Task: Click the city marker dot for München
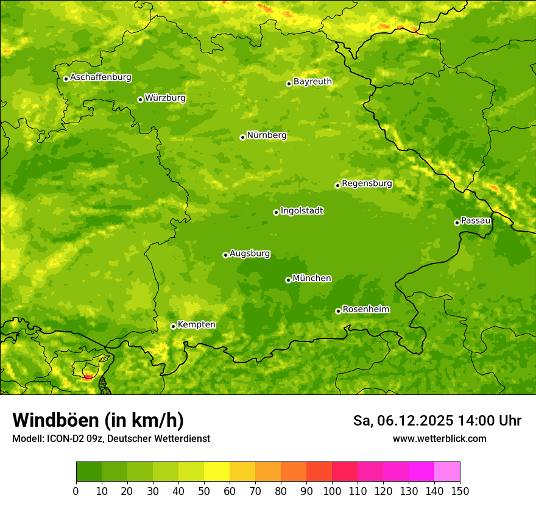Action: pos(288,280)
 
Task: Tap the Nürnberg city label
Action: pos(266,135)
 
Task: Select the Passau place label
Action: pos(476,221)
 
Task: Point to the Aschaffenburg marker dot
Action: pos(66,79)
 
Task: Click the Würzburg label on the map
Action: pos(165,98)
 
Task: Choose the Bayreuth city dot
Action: pos(289,84)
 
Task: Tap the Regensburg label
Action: pos(367,184)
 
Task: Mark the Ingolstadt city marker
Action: pos(276,212)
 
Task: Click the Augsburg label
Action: pos(250,254)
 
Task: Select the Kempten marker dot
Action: pos(173,326)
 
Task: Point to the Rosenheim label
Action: pos(365,310)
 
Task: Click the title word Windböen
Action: pos(55,420)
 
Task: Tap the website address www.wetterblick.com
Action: pos(439,438)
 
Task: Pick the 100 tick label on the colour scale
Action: pos(332,491)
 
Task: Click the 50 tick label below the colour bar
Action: pos(204,491)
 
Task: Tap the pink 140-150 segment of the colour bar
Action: pos(447,472)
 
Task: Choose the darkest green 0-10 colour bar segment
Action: pos(89,472)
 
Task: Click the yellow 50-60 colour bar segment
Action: pos(217,472)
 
